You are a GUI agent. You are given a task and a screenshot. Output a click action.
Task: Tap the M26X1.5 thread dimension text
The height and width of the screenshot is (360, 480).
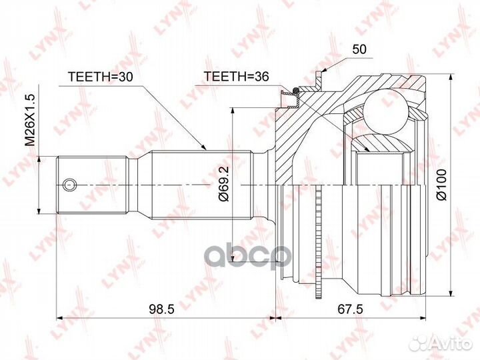[x=30, y=120]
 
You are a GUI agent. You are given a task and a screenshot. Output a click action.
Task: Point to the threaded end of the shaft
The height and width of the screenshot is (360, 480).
[x=90, y=184]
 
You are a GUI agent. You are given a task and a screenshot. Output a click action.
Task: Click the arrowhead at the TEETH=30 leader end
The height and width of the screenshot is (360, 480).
[x=205, y=147]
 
